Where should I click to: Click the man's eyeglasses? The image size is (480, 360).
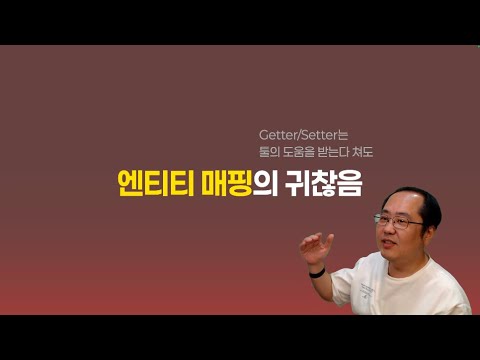[396, 219]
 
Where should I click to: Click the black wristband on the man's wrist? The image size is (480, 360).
[317, 271]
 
